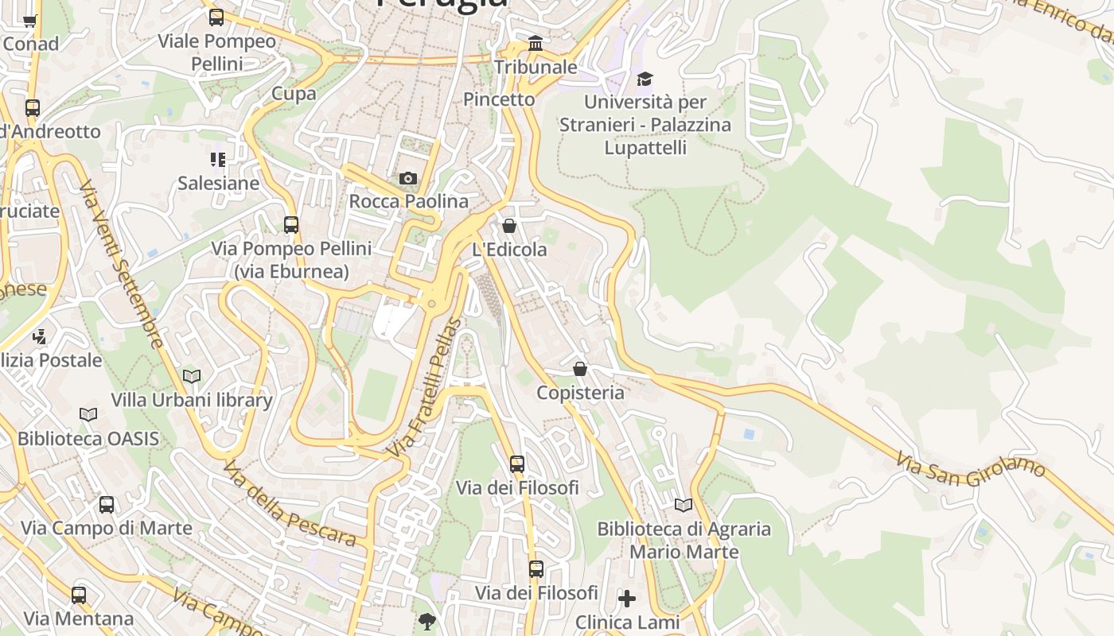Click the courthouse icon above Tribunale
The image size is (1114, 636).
tap(536, 43)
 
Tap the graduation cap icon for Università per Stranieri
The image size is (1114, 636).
tap(645, 79)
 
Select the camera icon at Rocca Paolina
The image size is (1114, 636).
tap(408, 178)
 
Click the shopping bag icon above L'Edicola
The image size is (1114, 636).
tap(509, 226)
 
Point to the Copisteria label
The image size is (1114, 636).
tap(580, 393)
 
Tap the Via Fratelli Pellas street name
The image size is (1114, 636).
tap(424, 387)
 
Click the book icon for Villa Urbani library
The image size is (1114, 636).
tap(192, 376)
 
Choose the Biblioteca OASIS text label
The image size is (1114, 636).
tap(88, 439)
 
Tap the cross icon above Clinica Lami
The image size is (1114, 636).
tap(627, 598)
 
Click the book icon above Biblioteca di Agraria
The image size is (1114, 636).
tap(684, 505)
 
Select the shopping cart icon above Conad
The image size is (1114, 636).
tap(30, 21)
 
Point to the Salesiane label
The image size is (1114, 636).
tap(218, 184)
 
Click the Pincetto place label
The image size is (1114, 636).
tap(499, 99)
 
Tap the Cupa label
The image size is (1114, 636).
tap(294, 94)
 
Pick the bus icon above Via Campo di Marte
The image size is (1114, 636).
tap(107, 505)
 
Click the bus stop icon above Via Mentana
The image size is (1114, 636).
tap(79, 595)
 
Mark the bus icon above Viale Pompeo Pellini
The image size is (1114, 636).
tap(216, 17)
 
